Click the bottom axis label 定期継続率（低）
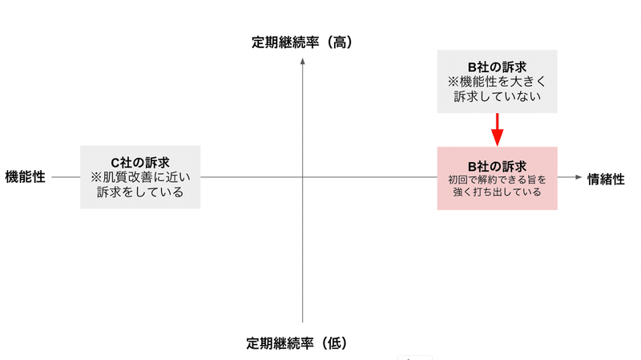tap(302, 343)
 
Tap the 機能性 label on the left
tap(25, 177)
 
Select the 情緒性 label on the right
tap(606, 179)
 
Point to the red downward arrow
tap(497, 128)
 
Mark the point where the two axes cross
tap(303, 177)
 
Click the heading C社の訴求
tap(140, 162)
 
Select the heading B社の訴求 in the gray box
tap(497, 67)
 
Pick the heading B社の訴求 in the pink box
tap(497, 166)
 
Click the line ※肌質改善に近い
tap(140, 177)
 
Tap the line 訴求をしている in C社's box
tap(140, 192)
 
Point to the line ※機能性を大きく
tap(497, 82)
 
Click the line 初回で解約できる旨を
tap(497, 180)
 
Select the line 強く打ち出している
tap(497, 192)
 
